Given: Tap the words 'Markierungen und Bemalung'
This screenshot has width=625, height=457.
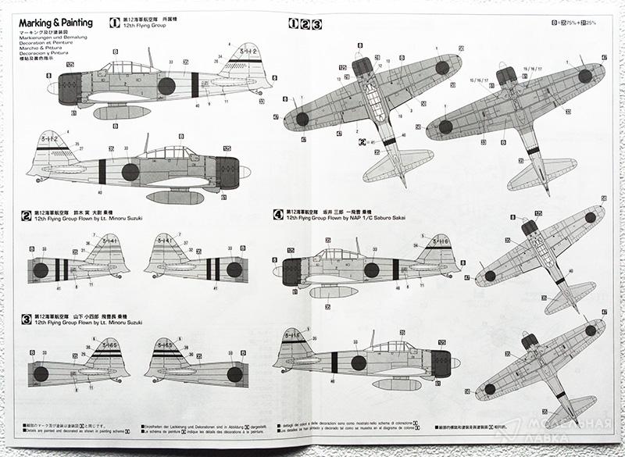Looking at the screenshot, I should [x=49, y=37].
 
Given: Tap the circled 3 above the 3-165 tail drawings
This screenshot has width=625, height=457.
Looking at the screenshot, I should [x=27, y=319].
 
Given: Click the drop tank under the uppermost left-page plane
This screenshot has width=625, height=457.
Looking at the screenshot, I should [x=122, y=112].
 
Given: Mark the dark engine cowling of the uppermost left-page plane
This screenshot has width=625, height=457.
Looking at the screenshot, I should [x=70, y=88].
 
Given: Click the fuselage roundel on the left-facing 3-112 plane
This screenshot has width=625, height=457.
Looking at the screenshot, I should [x=130, y=171].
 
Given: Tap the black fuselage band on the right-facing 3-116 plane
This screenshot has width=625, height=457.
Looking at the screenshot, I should [x=334, y=362].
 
